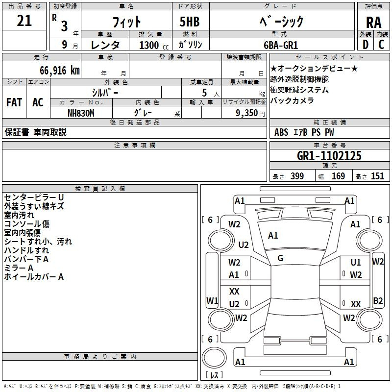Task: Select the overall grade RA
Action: (x=373, y=23)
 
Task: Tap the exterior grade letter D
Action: (x=365, y=44)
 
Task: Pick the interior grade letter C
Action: (x=382, y=44)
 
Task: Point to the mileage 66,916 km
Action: (x=56, y=71)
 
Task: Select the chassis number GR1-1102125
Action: (x=329, y=156)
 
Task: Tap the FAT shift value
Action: (x=14, y=102)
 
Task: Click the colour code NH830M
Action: (x=80, y=113)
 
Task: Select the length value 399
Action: (x=297, y=176)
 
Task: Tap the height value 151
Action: (x=377, y=176)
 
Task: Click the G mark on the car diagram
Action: (x=280, y=258)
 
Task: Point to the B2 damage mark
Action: (x=378, y=300)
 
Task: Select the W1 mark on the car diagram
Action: (x=212, y=300)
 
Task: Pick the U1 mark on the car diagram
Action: (x=355, y=263)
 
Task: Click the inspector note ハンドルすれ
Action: (x=26, y=250)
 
